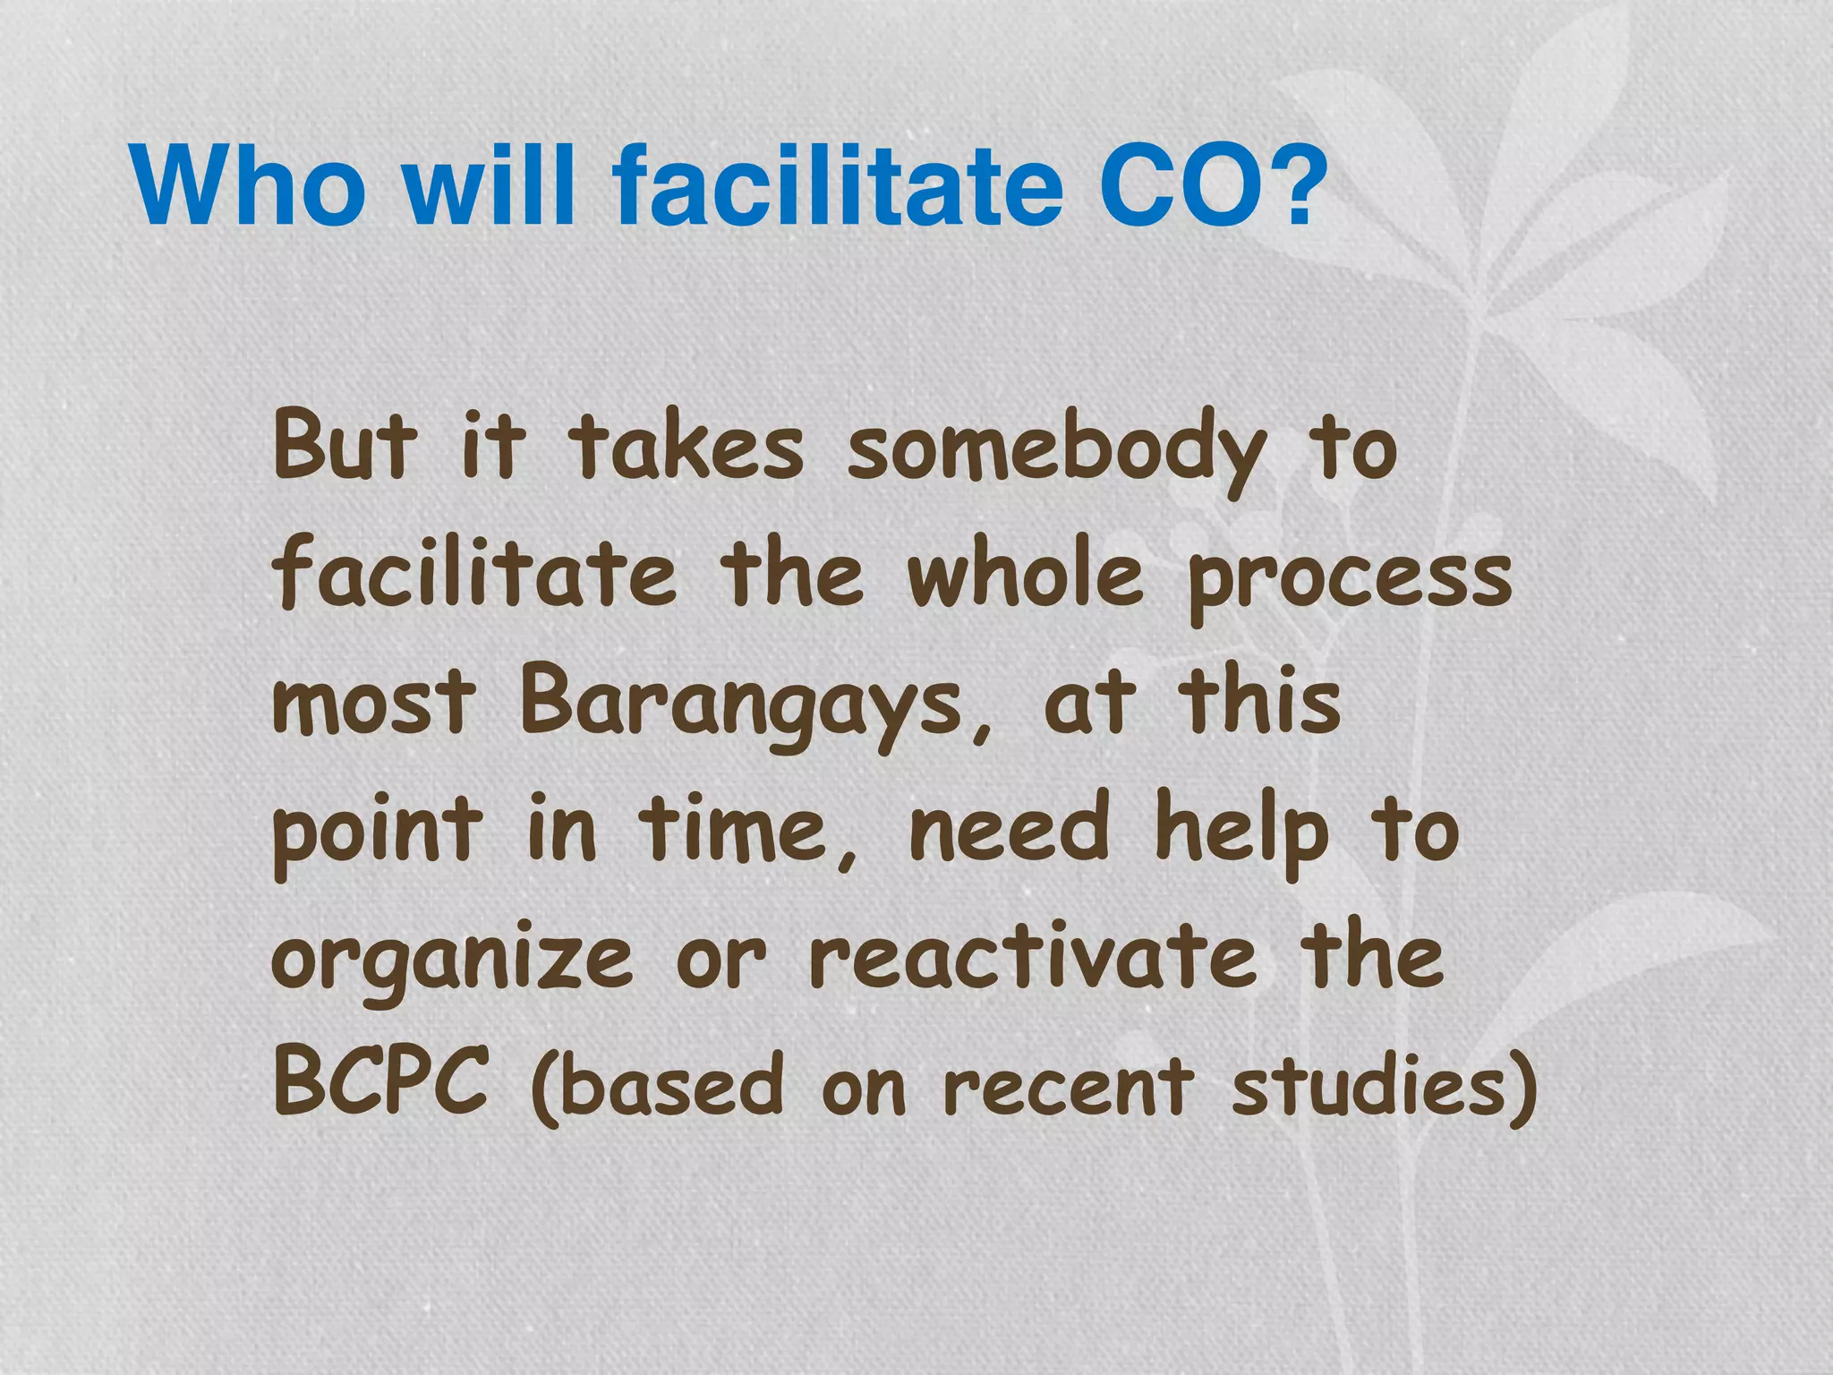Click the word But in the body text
(x=345, y=445)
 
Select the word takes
(x=686, y=445)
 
